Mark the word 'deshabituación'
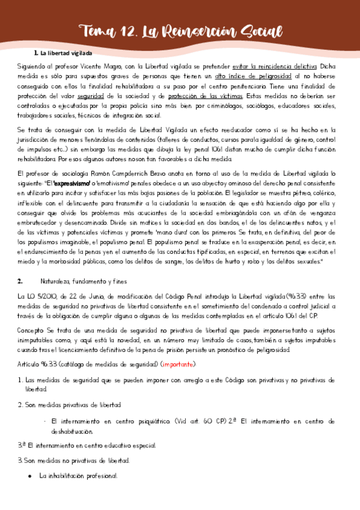(x=72, y=431)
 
